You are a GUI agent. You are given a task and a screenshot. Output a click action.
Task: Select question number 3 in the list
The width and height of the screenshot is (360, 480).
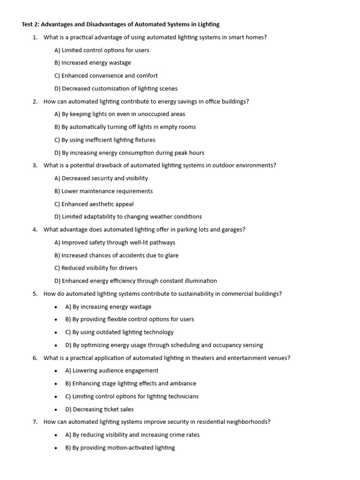(35, 165)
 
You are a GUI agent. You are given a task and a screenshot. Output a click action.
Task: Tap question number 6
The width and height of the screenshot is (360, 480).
(35, 358)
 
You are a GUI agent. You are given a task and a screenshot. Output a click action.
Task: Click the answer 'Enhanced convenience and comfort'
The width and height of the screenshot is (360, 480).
(106, 75)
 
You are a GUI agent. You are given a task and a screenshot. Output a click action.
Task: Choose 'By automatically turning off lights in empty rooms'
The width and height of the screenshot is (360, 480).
(125, 127)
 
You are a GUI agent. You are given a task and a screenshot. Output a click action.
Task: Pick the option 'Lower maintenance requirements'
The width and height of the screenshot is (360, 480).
(104, 191)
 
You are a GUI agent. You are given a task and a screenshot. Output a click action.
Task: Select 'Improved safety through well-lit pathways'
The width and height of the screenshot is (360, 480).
(115, 242)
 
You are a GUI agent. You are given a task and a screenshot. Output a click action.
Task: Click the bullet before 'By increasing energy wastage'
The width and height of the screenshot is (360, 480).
(56, 307)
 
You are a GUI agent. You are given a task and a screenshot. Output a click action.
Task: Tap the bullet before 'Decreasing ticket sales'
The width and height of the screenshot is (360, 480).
(56, 410)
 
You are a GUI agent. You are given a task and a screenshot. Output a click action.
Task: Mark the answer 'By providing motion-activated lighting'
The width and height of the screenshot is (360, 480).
(120, 448)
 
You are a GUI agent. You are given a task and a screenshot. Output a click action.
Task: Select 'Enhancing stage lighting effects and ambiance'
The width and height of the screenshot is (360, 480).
(131, 383)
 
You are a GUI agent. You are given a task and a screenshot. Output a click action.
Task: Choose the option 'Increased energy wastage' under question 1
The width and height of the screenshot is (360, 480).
(93, 63)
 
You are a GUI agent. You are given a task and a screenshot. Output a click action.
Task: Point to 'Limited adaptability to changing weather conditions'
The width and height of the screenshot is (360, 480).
(128, 217)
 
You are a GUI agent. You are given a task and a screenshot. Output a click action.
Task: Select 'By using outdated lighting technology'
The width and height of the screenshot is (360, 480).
(120, 332)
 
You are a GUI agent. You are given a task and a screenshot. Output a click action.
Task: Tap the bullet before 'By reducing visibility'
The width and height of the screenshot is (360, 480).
(56, 435)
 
